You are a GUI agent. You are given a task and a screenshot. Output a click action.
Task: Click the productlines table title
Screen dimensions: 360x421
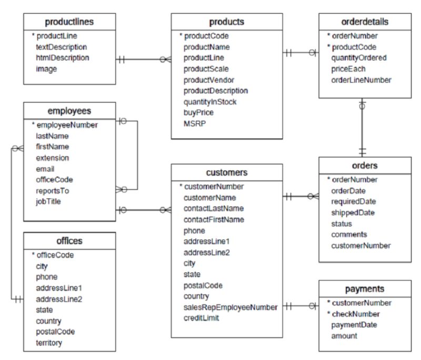[69, 22]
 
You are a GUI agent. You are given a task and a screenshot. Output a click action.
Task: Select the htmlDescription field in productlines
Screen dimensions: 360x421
[62, 58]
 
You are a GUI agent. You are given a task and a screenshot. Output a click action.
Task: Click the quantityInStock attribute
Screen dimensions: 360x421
[210, 102]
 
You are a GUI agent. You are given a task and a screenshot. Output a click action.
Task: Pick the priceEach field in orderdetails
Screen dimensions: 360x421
[348, 69]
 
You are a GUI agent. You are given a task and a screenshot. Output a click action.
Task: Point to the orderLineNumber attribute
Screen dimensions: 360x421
[360, 80]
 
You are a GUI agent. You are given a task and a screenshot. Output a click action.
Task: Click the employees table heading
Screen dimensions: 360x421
[69, 111]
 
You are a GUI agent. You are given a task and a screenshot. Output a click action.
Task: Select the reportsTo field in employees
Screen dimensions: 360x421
[52, 191]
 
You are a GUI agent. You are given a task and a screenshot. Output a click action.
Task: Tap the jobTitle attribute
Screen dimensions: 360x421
[50, 201]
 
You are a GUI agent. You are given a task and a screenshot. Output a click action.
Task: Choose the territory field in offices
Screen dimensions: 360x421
[49, 343]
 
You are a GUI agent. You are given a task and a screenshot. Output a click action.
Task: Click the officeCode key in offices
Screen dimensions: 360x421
[55, 255]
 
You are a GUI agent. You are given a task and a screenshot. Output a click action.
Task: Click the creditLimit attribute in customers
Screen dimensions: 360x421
[201, 318]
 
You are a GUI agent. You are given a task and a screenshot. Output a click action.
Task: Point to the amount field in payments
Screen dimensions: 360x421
[344, 336]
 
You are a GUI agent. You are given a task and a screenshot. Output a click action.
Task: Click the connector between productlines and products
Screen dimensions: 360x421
[143, 59]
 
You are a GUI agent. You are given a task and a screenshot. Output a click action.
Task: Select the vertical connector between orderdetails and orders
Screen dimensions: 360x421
[362, 127]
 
